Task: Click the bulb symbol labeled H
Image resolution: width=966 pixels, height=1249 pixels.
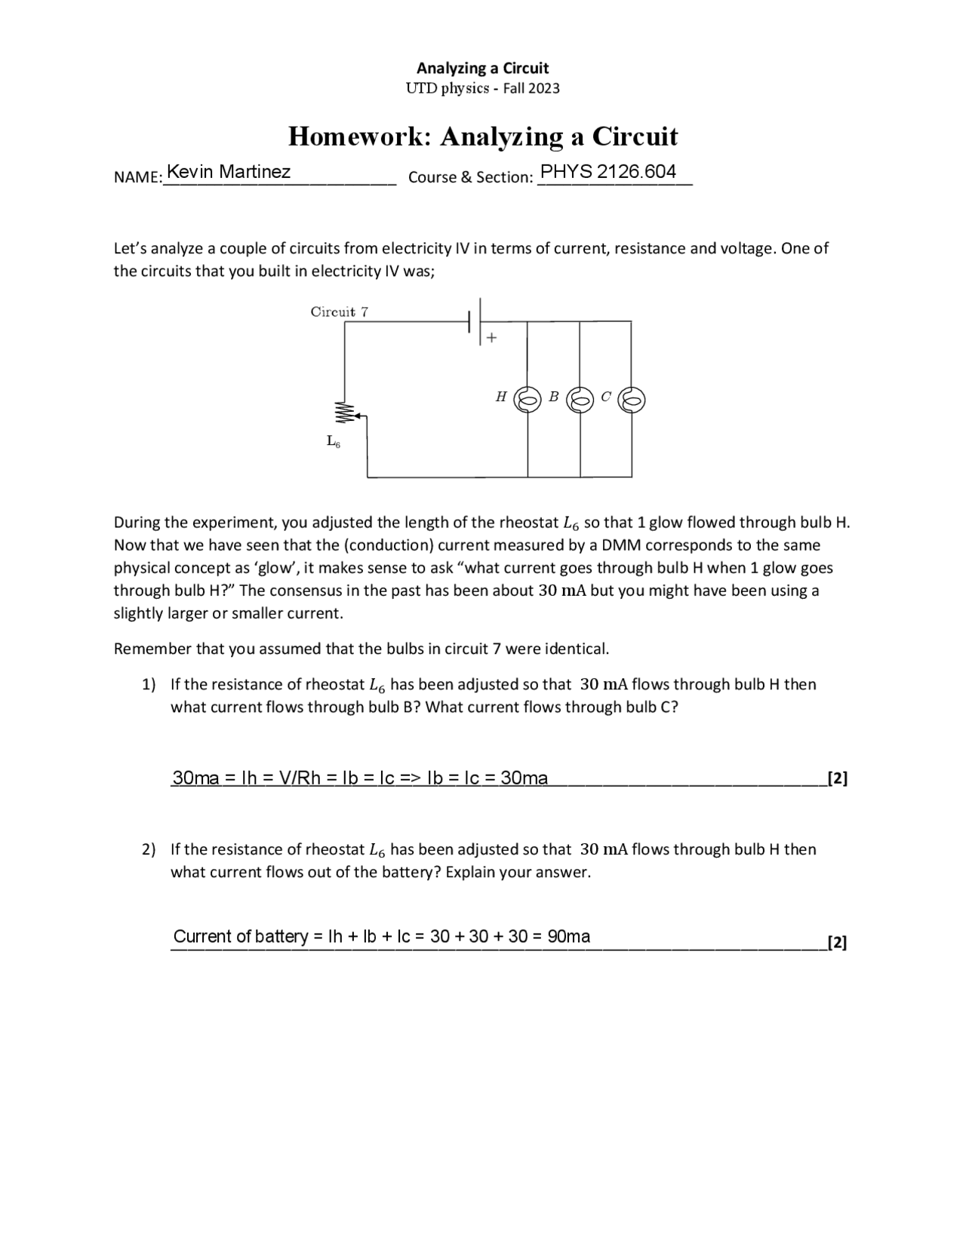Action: click(527, 400)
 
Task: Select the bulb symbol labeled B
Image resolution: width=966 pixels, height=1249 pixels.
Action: click(580, 400)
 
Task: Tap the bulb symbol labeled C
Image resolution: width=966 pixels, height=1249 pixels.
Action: click(632, 400)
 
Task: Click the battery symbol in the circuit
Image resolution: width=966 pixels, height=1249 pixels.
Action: click(475, 322)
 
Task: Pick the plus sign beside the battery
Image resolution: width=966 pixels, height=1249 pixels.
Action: click(491, 338)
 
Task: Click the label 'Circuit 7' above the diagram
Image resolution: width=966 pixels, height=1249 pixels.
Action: click(340, 311)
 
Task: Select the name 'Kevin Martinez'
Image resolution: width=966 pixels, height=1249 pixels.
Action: click(229, 172)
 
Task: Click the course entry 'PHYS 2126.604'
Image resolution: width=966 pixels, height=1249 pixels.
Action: click(608, 172)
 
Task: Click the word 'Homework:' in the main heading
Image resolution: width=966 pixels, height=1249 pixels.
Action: click(359, 137)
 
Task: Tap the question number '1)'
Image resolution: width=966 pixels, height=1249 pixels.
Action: click(149, 685)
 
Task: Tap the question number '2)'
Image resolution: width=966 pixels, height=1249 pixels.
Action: click(149, 850)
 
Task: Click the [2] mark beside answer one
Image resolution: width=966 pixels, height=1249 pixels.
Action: click(837, 778)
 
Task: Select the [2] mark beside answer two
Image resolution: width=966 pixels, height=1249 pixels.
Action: click(837, 943)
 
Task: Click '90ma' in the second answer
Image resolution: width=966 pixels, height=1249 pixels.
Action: click(569, 937)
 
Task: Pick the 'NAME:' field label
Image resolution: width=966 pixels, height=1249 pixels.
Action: click(138, 178)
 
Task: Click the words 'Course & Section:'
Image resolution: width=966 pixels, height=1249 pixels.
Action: click(470, 178)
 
